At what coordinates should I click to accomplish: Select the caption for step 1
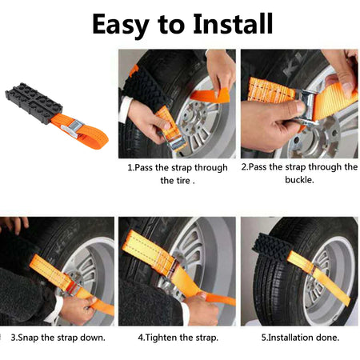click(177, 174)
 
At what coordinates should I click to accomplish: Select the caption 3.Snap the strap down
click(58, 337)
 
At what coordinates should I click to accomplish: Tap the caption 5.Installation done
click(300, 337)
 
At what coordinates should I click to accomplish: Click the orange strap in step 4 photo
click(160, 264)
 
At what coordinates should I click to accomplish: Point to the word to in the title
click(170, 24)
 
